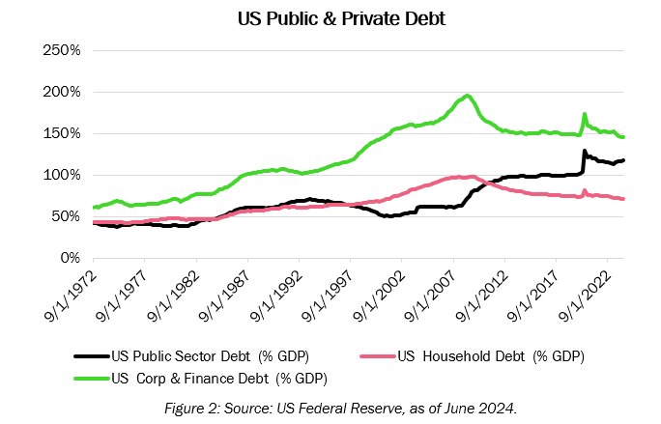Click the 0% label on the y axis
[x=68, y=258]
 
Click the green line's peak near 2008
[x=468, y=96]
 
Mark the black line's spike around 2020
[x=584, y=151]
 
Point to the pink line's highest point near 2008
[x=471, y=177]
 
